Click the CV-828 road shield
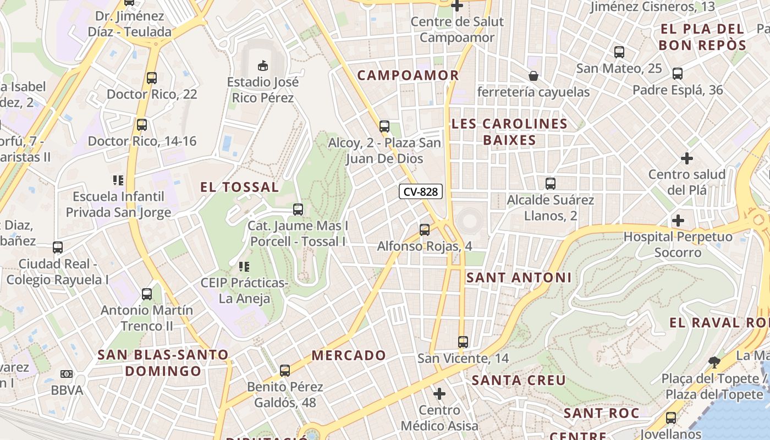[x=421, y=191]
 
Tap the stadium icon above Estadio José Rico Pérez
[x=263, y=65]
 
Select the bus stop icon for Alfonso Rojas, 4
[x=425, y=230]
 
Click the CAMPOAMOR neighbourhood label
[x=408, y=75]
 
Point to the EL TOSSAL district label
[x=239, y=187]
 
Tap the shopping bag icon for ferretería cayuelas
[x=533, y=75]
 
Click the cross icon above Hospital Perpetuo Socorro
[x=678, y=221]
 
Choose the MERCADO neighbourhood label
[x=349, y=355]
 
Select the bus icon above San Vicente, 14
[x=463, y=342]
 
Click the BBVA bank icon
[x=67, y=374]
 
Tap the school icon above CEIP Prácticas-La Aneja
[x=244, y=267]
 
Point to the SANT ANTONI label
[x=519, y=278]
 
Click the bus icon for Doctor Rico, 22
[x=152, y=78]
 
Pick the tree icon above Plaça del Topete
[x=714, y=362]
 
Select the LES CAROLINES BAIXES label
[x=509, y=132]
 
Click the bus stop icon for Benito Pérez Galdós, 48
[x=285, y=371]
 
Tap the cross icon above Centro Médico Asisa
[x=439, y=394]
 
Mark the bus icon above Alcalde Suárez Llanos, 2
[x=551, y=184]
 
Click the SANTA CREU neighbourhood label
[x=519, y=380]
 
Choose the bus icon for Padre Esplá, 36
[x=678, y=74]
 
